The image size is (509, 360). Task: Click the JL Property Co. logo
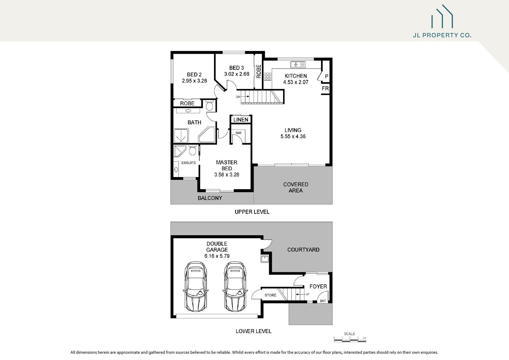pos(442,21)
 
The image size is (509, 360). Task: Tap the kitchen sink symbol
pos(298,64)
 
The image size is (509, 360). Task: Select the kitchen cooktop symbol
pos(268,76)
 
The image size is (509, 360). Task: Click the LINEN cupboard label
pos(241,120)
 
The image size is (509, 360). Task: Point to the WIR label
pos(238,133)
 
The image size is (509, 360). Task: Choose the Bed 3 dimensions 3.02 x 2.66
pos(237,74)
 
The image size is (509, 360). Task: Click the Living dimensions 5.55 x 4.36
pos(293,136)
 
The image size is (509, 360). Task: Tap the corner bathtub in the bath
pos(207,135)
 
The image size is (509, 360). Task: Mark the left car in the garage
pos(196,286)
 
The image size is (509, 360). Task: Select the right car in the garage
pos(235,286)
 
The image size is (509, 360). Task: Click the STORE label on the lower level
pos(270,295)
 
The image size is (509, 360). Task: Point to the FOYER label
pos(318,286)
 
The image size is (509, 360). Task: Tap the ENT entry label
pos(323,301)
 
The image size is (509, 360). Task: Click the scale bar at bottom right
pos(350,340)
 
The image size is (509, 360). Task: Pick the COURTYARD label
pos(303,250)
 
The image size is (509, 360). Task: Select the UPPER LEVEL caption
pos(252,212)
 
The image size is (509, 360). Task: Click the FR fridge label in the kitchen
pos(325,89)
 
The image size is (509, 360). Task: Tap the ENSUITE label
pos(189,163)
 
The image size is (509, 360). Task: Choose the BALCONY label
pos(210,198)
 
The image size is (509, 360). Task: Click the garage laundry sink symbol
pos(265,258)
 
